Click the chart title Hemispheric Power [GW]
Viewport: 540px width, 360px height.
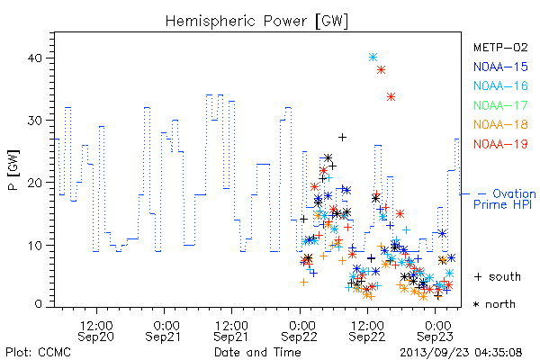tap(256, 22)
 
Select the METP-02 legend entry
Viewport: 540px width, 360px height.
tap(500, 47)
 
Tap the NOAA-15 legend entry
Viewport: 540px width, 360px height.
tap(500, 67)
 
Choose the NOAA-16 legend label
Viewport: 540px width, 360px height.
tap(500, 85)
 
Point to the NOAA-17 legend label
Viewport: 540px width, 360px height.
tap(500, 105)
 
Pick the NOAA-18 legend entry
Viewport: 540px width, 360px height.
tap(500, 124)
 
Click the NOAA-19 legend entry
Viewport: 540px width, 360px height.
tap(500, 144)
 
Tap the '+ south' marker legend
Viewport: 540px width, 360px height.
tap(498, 276)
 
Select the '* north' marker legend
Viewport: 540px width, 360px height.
tap(494, 304)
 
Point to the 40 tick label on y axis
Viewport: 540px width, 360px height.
tap(35, 58)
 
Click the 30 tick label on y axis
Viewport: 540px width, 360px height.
tap(35, 121)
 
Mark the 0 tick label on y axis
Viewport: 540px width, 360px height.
tap(39, 304)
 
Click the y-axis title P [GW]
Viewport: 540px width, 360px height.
tap(13, 170)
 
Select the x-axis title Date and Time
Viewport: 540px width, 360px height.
tap(257, 353)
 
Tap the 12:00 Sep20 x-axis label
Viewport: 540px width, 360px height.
tap(96, 331)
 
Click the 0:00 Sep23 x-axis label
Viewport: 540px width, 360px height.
tap(435, 331)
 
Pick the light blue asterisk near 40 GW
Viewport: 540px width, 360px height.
tap(373, 58)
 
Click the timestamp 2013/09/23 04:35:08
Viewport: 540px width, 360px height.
tap(461, 353)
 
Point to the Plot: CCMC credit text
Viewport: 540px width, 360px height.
tap(38, 353)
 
